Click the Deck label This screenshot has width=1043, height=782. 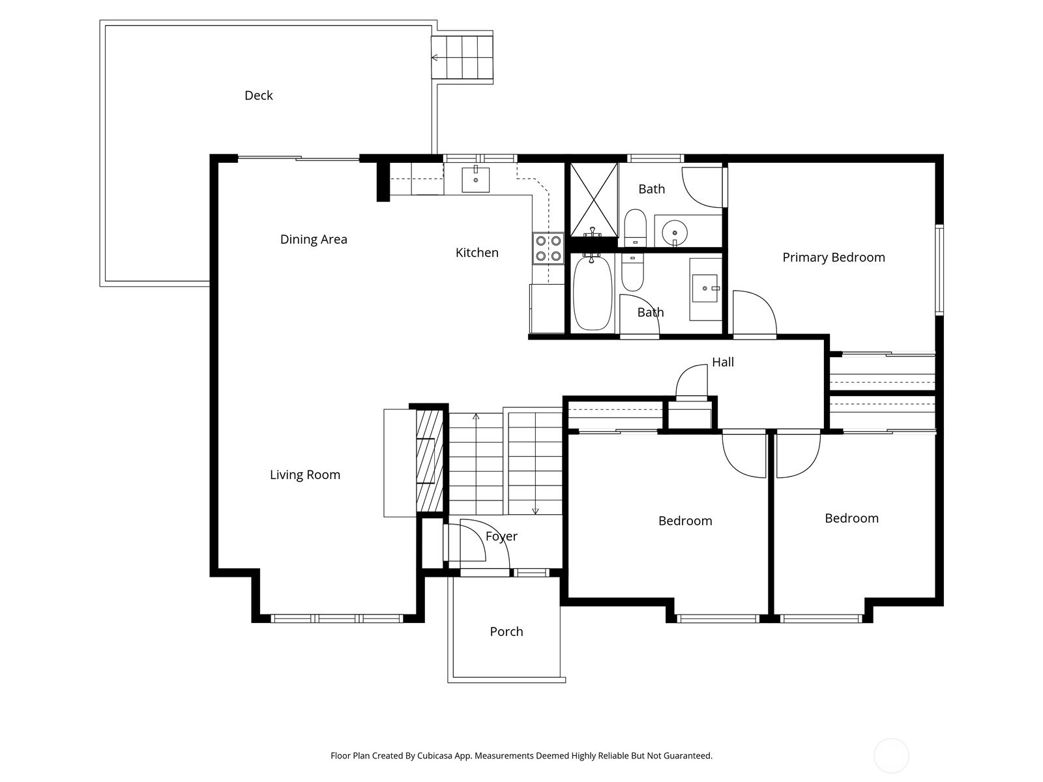pos(259,95)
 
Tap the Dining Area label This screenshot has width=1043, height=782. pos(314,239)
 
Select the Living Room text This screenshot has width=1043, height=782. pos(305,475)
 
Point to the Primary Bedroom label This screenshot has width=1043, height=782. pos(834,257)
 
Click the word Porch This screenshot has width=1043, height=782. pos(507,631)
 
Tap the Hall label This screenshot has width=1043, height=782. pos(723,362)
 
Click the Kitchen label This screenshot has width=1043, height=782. pos(477,253)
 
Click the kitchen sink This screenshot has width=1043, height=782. pos(476,179)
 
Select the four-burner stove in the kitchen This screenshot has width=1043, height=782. pos(548,249)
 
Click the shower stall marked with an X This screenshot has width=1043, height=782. pos(593,199)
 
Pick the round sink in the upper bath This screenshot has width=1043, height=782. pos(674,231)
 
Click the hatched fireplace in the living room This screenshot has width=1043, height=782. pos(430,461)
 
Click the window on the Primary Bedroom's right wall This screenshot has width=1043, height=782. pos(939,269)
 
